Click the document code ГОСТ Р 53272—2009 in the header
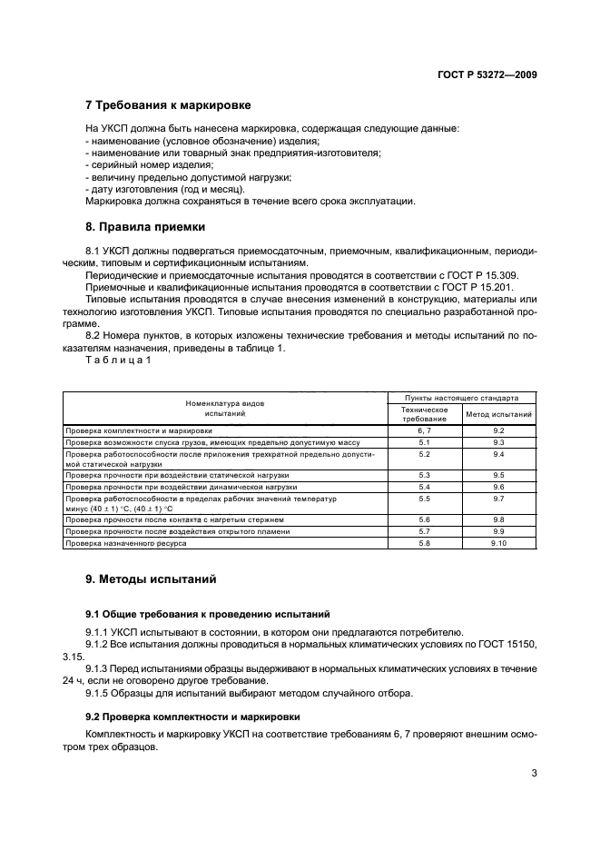(487, 75)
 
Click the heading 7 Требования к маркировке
(167, 105)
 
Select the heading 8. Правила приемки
(144, 226)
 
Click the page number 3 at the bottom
(533, 775)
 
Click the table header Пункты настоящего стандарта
(461, 398)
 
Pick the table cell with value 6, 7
(424, 430)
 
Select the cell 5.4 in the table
(424, 487)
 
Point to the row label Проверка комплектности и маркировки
(138, 430)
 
